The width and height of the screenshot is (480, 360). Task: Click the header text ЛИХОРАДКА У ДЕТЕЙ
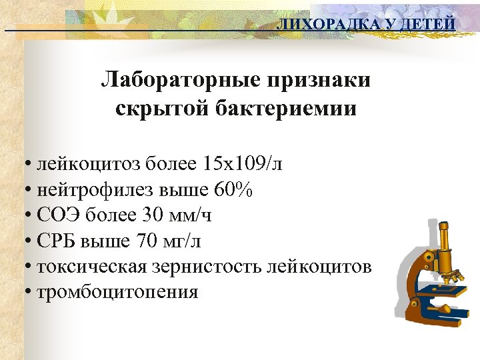[366, 25]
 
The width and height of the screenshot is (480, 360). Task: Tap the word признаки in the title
[319, 81]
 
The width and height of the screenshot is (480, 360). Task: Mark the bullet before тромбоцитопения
[27, 292]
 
